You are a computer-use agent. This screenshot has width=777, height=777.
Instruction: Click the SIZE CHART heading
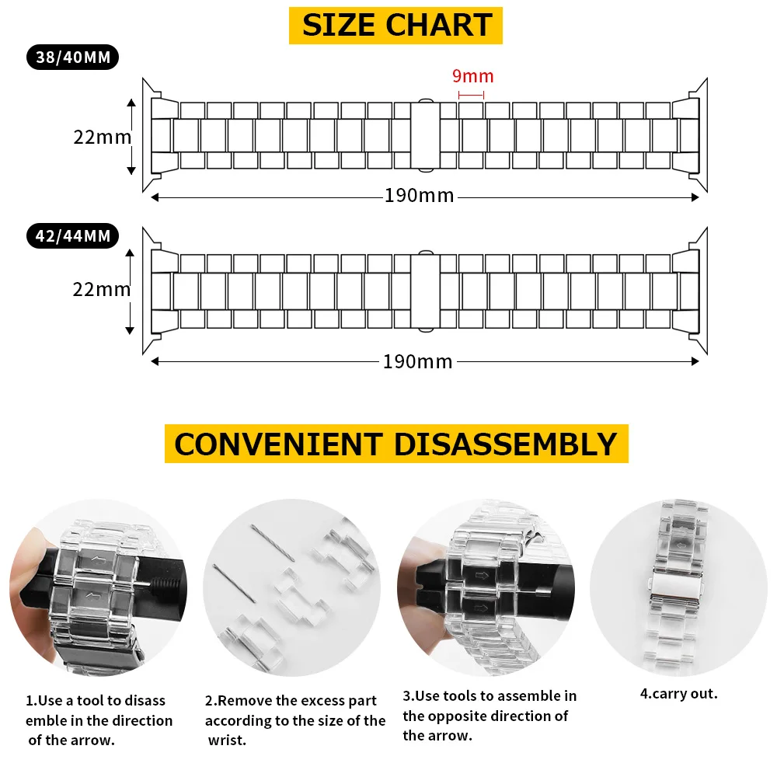coord(396,25)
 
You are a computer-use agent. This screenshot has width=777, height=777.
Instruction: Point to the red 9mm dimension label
coord(472,76)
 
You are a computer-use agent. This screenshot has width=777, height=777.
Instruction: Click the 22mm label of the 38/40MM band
coord(102,137)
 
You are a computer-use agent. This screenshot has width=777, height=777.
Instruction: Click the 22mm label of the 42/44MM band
coord(102,289)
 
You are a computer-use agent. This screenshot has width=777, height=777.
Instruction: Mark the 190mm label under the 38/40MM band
coord(419,195)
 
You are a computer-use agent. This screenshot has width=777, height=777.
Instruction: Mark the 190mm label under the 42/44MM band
coord(417,361)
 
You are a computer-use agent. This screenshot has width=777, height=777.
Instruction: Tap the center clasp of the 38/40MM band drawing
coord(424,136)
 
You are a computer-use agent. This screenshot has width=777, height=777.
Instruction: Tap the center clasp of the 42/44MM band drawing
coord(424,288)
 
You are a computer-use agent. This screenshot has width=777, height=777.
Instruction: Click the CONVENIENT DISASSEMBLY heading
coord(395,444)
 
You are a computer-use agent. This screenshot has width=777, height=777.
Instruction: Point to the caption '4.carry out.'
coord(678,694)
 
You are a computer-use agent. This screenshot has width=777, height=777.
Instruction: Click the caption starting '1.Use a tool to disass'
coord(98,720)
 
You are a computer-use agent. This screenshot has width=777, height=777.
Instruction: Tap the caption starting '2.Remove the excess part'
coord(294,720)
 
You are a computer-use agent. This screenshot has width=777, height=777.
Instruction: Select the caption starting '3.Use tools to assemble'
coord(489,715)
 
